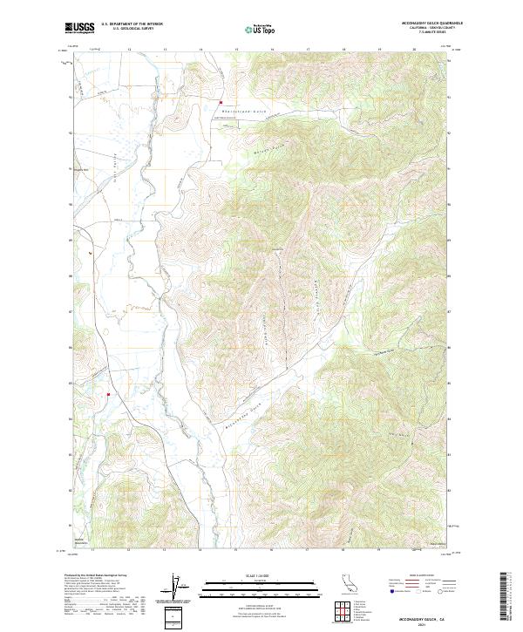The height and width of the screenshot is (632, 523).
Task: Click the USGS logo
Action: (x=79, y=28)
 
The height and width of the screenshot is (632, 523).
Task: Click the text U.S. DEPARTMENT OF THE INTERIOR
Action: (x=132, y=24)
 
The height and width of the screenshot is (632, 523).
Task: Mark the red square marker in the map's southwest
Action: (x=107, y=394)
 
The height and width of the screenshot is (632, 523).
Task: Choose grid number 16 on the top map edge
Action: (x=272, y=50)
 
